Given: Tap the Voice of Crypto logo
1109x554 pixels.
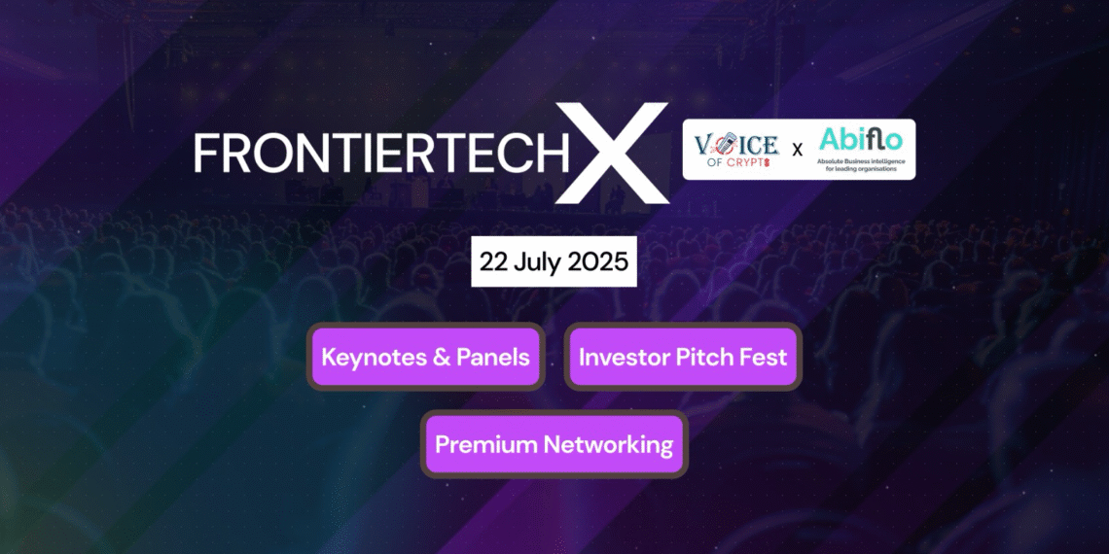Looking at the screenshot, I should tap(735, 150).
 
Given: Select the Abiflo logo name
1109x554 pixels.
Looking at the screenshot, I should tap(860, 139).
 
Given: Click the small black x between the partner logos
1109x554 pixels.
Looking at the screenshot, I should tap(798, 151).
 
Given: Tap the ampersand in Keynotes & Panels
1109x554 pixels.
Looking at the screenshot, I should tap(441, 357).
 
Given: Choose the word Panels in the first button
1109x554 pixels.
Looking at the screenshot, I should tap(493, 357).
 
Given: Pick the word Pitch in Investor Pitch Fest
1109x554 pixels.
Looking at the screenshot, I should tap(702, 357).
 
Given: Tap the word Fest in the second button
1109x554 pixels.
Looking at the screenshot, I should tap(763, 357).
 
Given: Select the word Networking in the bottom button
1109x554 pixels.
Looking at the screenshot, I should tap(608, 445).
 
